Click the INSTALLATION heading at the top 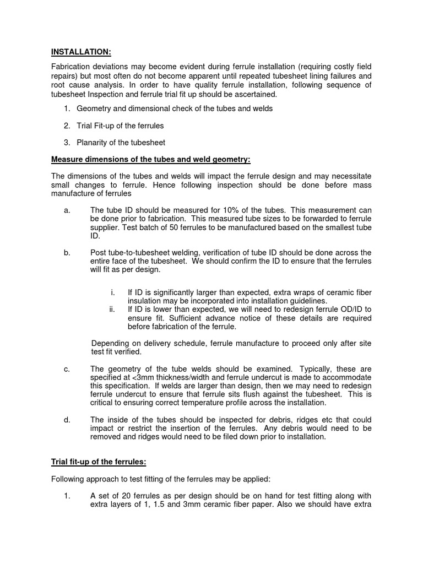81,52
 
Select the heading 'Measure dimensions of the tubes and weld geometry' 150,160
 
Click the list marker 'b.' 67,252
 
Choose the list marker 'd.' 67,420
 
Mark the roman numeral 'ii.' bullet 112,310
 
